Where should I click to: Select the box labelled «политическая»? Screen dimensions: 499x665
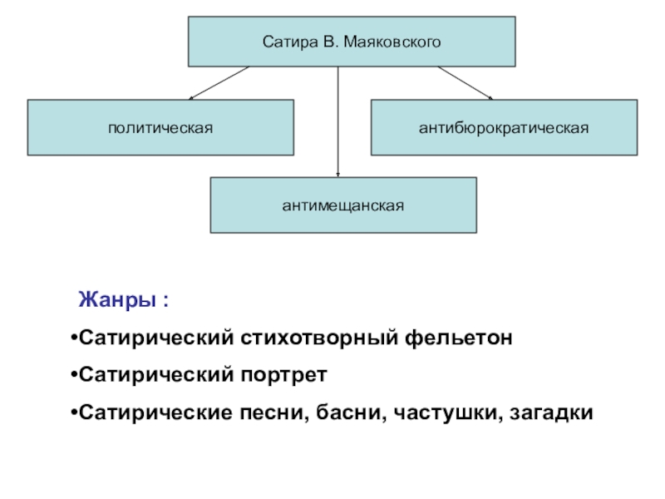pos(160,128)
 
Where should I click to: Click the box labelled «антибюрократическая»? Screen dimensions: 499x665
pos(504,128)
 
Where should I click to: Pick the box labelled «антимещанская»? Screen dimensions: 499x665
pos(342,205)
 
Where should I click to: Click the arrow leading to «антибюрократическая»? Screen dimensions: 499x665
pos(465,83)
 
